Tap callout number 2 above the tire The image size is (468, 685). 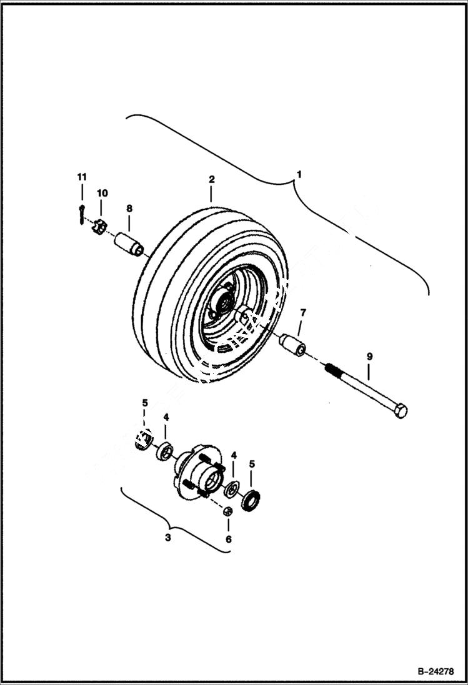212,179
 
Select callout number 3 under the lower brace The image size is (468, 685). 167,538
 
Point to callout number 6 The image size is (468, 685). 228,538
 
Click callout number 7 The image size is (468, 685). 303,312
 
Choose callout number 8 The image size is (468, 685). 129,208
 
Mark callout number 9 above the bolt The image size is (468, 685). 369,357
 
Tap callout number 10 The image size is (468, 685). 102,193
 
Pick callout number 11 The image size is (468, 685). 82,177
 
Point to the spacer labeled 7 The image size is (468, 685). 292,345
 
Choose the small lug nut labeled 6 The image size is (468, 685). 228,512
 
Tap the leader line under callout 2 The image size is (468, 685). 212,193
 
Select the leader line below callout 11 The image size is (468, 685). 82,192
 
